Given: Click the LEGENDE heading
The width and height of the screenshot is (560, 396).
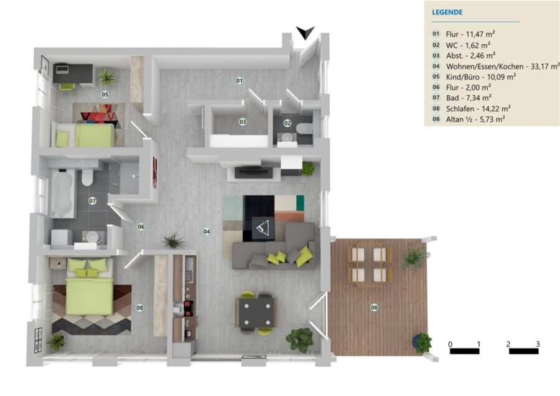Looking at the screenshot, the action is (447, 12).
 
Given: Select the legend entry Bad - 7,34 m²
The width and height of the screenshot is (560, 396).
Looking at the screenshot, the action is (469, 98).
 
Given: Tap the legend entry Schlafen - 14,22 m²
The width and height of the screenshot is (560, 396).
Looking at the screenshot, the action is (478, 108).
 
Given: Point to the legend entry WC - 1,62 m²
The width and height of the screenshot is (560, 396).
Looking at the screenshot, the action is (468, 45).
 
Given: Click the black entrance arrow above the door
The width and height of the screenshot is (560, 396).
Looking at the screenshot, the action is (305, 32).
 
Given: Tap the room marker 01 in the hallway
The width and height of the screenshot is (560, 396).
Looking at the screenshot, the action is (240, 80).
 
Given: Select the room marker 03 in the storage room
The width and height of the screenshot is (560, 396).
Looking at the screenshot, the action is (243, 122).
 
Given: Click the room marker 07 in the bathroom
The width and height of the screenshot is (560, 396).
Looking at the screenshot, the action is (93, 201).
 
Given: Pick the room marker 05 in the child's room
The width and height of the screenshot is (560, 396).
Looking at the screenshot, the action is (105, 95).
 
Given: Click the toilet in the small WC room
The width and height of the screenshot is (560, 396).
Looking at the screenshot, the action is (305, 128).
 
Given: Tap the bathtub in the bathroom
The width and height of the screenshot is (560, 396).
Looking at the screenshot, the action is (63, 194).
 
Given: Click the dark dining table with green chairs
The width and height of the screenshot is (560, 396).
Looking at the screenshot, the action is (257, 313).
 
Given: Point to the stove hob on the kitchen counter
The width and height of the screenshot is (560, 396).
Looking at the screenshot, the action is (188, 308).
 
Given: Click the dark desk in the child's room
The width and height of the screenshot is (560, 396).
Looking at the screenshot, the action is (73, 73).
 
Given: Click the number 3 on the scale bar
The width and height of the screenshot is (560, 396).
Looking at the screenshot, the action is (538, 344).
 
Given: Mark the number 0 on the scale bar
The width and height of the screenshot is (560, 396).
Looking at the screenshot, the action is (450, 344).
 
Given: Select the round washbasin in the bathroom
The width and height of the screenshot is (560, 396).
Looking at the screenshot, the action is (93, 237).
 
